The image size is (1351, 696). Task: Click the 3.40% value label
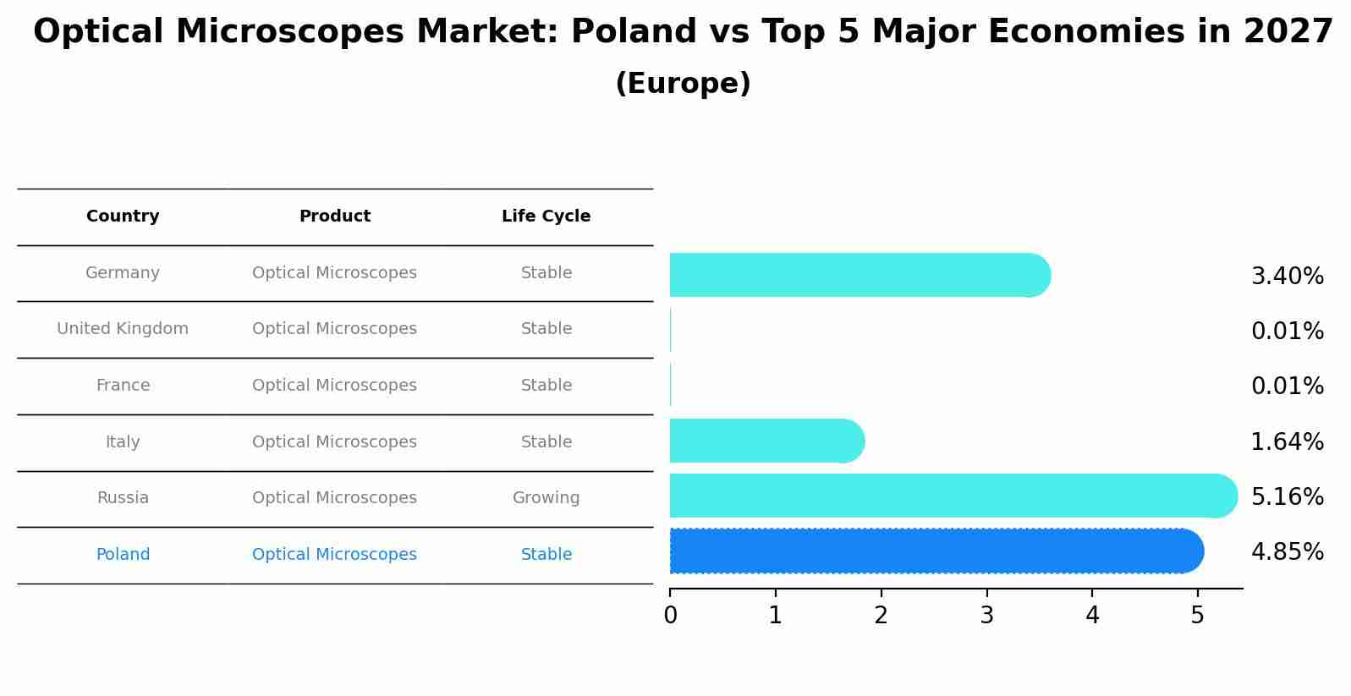click(x=1287, y=277)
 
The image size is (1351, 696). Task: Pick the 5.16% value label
click(x=1287, y=496)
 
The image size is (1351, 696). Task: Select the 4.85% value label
click(x=1287, y=552)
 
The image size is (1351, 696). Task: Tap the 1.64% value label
click(x=1287, y=441)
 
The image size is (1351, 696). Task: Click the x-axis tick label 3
click(x=986, y=616)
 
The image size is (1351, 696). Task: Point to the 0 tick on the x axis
click(x=670, y=616)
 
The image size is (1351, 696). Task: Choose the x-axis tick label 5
click(x=1197, y=616)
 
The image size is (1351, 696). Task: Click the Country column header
click(x=123, y=216)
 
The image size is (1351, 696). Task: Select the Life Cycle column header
click(x=546, y=216)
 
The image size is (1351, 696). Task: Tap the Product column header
click(x=335, y=216)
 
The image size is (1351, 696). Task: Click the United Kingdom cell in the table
click(x=123, y=329)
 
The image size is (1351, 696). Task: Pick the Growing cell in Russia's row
click(x=546, y=498)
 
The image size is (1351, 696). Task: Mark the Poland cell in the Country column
click(x=123, y=555)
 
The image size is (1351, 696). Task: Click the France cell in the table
click(x=123, y=386)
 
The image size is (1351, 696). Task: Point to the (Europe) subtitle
click(x=683, y=84)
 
